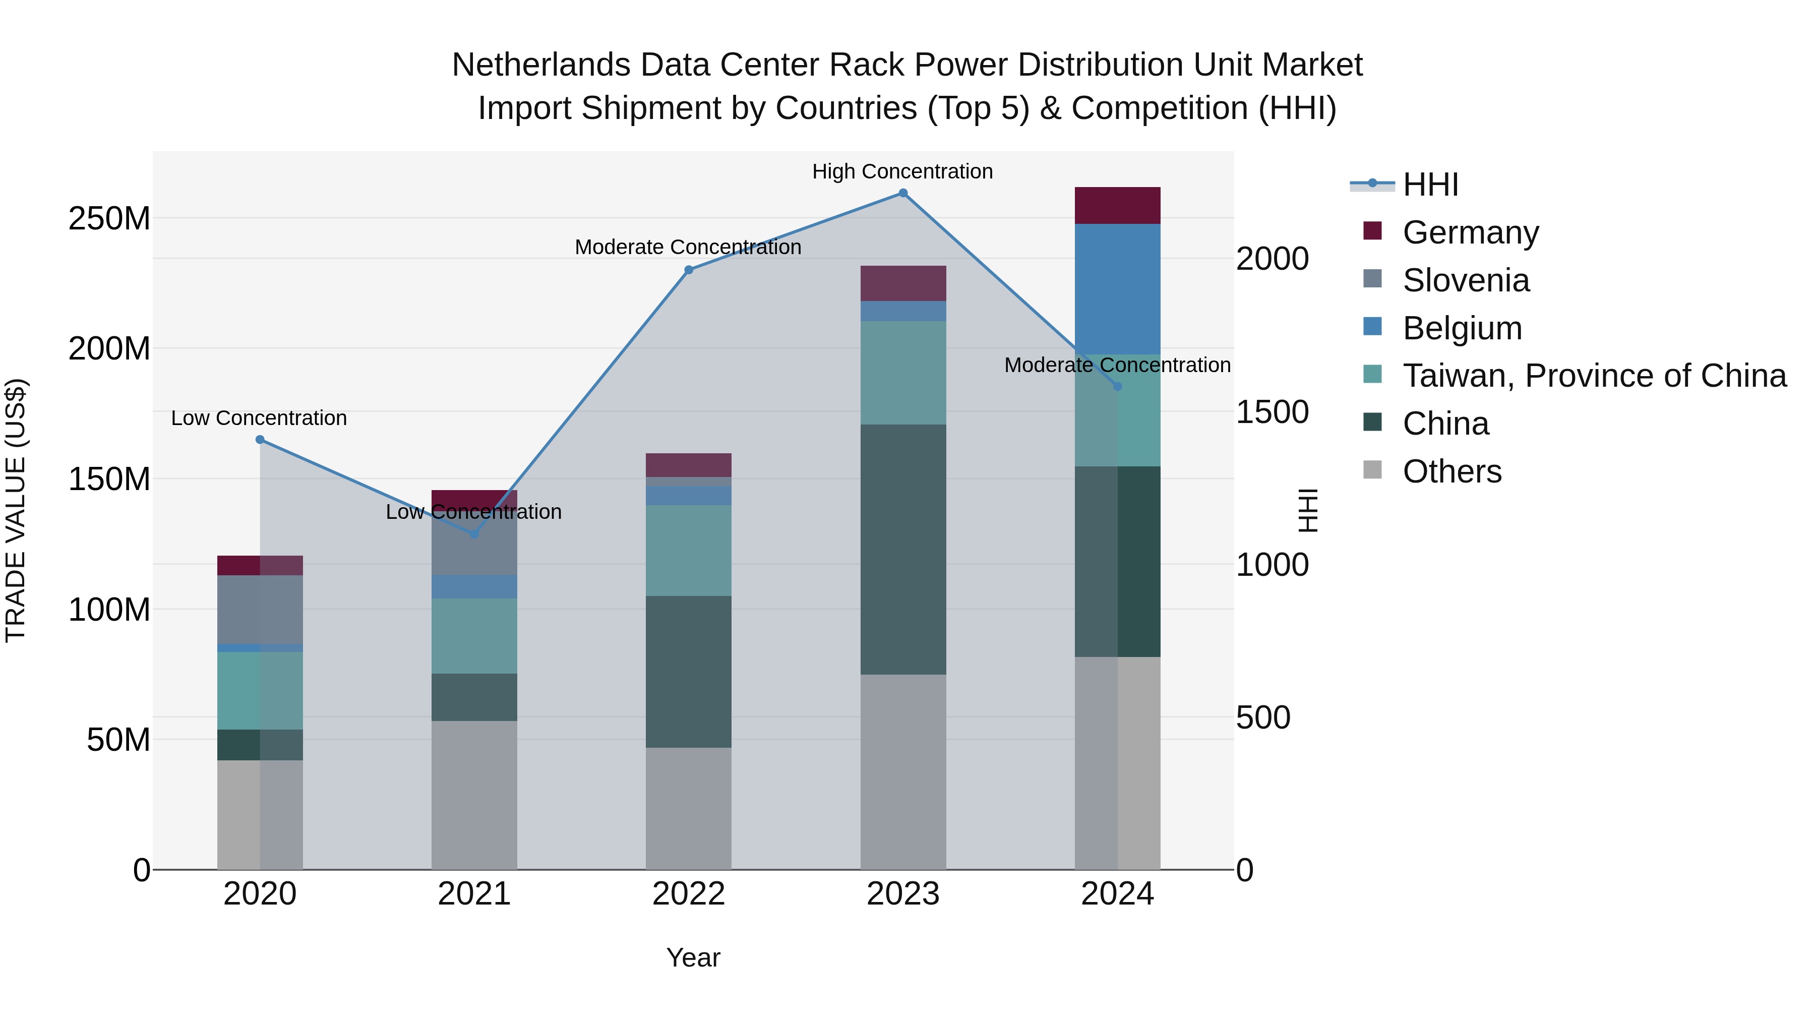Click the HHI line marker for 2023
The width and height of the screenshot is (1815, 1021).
[902, 193]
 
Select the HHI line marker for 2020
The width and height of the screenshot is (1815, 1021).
[260, 440]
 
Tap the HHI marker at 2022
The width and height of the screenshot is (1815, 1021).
[689, 270]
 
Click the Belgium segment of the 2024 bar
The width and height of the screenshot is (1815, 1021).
[1117, 289]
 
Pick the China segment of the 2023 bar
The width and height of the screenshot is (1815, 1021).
[902, 550]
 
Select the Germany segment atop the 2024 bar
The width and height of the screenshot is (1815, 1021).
[1117, 206]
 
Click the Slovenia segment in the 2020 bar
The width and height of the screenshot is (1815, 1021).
[260, 610]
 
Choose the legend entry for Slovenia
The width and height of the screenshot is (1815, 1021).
[1466, 280]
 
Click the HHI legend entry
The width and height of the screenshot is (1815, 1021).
[1430, 185]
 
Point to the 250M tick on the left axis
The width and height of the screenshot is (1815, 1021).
[109, 218]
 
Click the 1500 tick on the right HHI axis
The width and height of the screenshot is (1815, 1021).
[1273, 412]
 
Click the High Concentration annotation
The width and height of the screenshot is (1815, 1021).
[902, 171]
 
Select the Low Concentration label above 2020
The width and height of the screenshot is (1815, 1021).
[259, 418]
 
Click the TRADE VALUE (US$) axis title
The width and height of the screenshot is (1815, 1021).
[16, 510]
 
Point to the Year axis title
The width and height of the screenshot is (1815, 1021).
[693, 957]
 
